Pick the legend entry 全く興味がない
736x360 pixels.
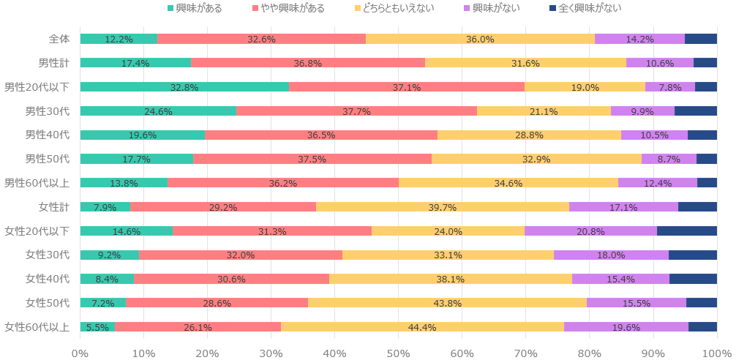tap(585, 8)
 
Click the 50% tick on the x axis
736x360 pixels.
tap(399, 353)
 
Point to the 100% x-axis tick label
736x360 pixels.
tap(716, 353)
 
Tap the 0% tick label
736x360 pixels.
tap(80, 353)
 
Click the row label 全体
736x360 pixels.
tap(59, 39)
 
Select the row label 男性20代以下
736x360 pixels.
tap(37, 87)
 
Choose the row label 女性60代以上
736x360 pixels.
tap(37, 326)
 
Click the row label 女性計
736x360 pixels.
tap(54, 207)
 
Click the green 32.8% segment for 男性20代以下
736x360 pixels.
tap(184, 87)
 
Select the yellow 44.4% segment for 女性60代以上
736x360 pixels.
tap(422, 326)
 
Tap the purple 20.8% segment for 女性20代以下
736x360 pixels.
tap(590, 230)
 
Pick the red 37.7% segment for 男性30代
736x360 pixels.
tap(356, 111)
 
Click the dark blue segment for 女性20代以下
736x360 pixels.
tap(687, 230)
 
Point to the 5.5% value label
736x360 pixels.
tap(97, 327)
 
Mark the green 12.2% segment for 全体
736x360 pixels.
tap(119, 39)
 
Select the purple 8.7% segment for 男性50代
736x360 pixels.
tap(669, 159)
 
